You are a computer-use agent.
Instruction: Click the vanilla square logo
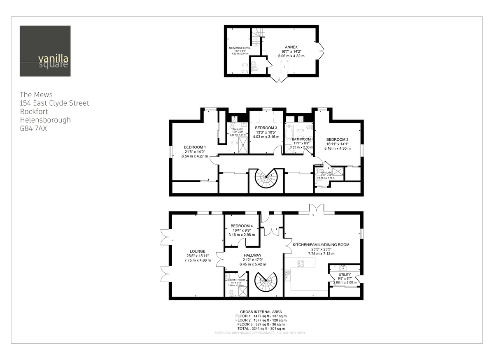pos(45,51)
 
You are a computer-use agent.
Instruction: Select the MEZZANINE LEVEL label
pos(240,48)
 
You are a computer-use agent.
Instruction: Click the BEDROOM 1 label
pos(195,147)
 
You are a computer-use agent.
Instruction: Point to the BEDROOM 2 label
pos(338,139)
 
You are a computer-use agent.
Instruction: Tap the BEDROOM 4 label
pos(242,226)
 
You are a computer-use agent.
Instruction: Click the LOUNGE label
pos(197,251)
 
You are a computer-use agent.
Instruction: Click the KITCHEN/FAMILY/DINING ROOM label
pos(321,244)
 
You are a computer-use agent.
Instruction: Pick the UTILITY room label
pos(345,274)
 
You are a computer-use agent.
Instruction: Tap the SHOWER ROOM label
pos(236,280)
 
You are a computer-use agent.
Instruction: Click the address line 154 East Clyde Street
pos(54,103)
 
